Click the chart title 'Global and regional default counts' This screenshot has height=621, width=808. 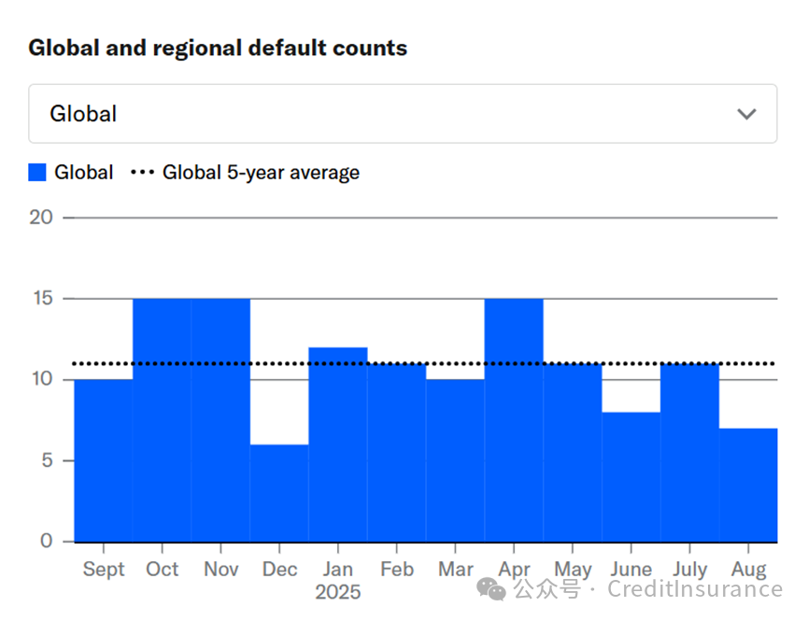tap(218, 48)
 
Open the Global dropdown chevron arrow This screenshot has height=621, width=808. tap(746, 114)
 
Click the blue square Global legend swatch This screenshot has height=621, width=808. tap(37, 173)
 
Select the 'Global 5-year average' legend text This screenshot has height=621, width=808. tap(261, 173)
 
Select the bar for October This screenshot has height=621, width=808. tap(162, 420)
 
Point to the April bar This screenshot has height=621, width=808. tap(514, 420)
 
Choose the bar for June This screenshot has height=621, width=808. tap(631, 476)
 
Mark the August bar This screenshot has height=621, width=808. tap(748, 485)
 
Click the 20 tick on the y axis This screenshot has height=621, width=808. tap(41, 218)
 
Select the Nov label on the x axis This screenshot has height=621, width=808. tap(220, 569)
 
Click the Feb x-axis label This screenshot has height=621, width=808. tap(397, 569)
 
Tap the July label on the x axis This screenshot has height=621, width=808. tap(689, 569)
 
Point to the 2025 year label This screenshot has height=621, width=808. tap(338, 592)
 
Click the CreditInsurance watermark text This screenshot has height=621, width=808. tap(694, 589)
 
